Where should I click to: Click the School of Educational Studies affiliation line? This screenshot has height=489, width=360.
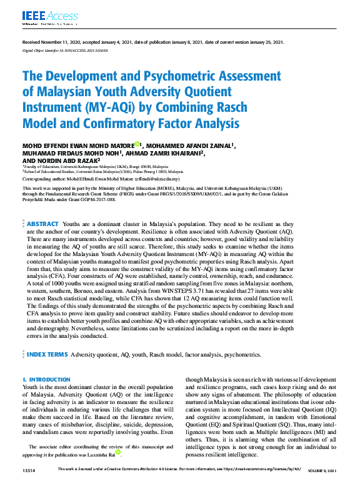pyautogui.click(x=103, y=171)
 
